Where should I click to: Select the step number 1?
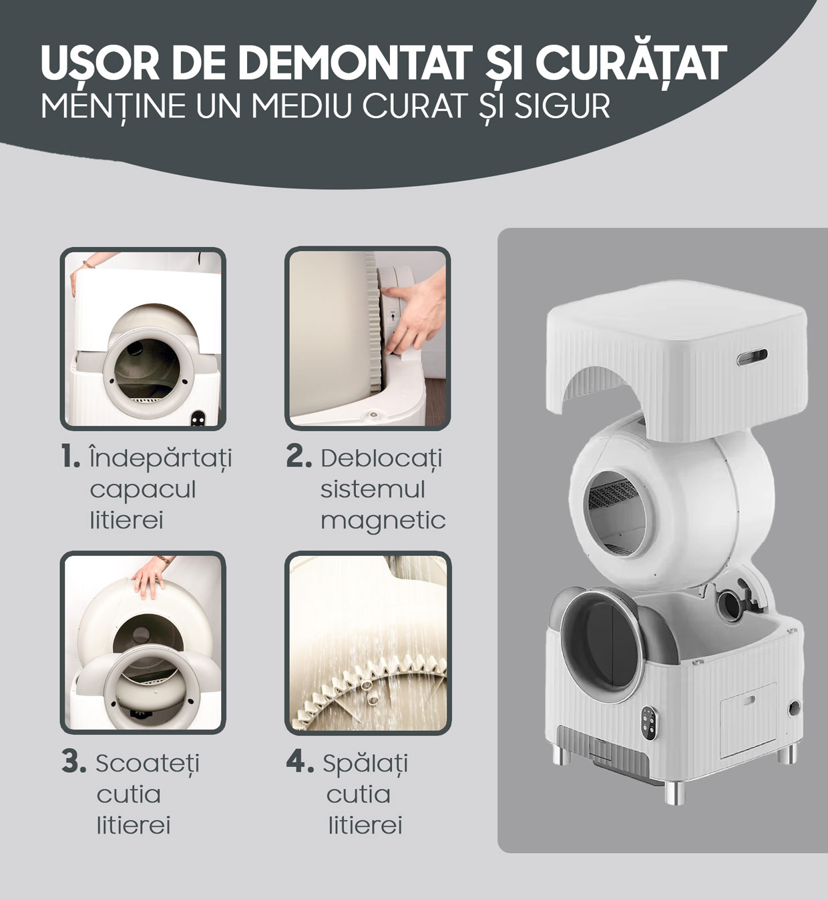[x=70, y=457]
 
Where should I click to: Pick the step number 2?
[x=298, y=457]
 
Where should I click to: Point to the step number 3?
[x=73, y=762]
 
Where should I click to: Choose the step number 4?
[x=300, y=762]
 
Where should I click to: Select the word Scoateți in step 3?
[x=147, y=764]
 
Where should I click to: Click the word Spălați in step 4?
[x=365, y=764]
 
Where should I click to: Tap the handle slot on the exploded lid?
[x=752, y=356]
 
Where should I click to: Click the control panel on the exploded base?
[x=648, y=723]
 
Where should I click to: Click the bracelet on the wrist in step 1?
[x=89, y=264]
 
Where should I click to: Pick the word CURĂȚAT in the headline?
[x=631, y=62]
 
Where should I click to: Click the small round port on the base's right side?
[x=794, y=708]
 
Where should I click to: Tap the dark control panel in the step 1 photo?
[x=198, y=418]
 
